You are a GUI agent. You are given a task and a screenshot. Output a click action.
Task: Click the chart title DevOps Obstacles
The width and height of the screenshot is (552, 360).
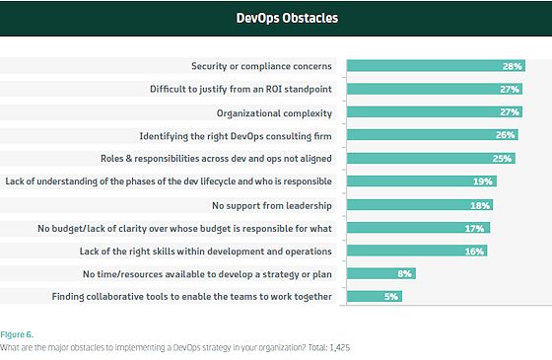[287, 18]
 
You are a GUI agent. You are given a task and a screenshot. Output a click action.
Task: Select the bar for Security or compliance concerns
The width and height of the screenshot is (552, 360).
[436, 66]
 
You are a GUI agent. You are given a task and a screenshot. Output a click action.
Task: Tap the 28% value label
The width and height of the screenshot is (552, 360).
[512, 66]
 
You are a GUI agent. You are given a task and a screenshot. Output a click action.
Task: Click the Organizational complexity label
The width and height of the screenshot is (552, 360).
[274, 113]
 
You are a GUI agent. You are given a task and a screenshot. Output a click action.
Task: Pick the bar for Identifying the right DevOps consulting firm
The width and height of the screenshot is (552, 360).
[433, 134]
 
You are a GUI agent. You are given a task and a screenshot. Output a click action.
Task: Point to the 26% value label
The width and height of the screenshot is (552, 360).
[505, 135]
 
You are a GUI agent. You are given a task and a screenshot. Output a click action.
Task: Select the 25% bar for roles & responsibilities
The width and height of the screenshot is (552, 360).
[431, 158]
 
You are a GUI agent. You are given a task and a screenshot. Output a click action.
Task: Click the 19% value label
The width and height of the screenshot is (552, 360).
[483, 181]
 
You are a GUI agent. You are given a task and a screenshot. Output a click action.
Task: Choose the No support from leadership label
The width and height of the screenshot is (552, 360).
[272, 205]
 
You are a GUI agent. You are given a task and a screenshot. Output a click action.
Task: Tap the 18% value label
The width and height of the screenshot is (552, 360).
[480, 205]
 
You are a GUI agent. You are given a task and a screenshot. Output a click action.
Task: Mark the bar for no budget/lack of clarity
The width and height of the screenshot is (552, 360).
[418, 228]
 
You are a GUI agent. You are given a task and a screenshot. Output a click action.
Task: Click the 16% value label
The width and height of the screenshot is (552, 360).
[474, 252]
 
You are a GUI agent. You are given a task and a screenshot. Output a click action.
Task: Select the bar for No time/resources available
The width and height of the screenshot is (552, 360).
[381, 273]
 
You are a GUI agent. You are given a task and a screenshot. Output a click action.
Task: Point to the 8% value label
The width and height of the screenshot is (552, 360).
[404, 274]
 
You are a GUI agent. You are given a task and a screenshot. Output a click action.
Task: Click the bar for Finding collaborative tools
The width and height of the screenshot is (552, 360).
[375, 296]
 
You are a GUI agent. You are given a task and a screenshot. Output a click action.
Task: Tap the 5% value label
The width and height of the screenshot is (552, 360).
[391, 297]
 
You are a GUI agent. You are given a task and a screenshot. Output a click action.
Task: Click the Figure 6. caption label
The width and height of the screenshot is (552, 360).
[17, 334]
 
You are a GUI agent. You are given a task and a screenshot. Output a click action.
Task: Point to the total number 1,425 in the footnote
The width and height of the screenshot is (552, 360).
[340, 347]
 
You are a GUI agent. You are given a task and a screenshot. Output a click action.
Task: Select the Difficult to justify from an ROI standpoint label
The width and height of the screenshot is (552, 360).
[241, 89]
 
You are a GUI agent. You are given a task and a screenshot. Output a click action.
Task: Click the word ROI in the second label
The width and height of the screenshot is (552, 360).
[274, 89]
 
